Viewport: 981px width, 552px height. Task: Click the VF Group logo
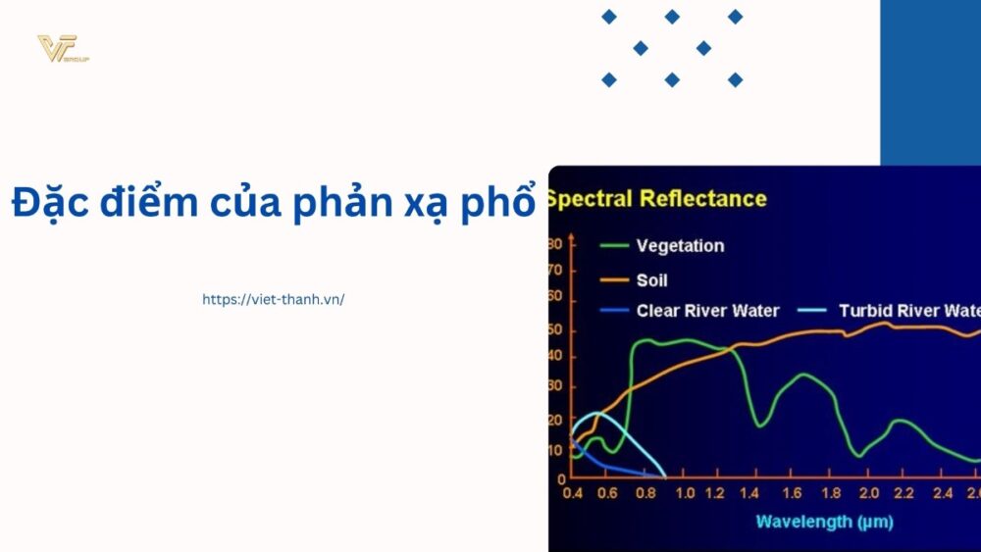62,49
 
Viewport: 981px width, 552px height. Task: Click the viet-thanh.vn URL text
274,299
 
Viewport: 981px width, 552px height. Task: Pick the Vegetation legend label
680,245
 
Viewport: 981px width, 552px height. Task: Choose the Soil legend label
652,280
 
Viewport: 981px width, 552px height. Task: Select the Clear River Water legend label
707,311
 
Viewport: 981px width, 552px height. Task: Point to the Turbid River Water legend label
908,311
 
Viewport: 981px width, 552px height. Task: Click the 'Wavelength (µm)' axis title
825,523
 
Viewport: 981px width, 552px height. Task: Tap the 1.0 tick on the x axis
686,492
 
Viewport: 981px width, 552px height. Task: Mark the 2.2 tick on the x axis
904,492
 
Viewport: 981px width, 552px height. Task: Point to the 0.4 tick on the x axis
573,492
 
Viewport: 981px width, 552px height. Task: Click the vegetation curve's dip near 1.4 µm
759,425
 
